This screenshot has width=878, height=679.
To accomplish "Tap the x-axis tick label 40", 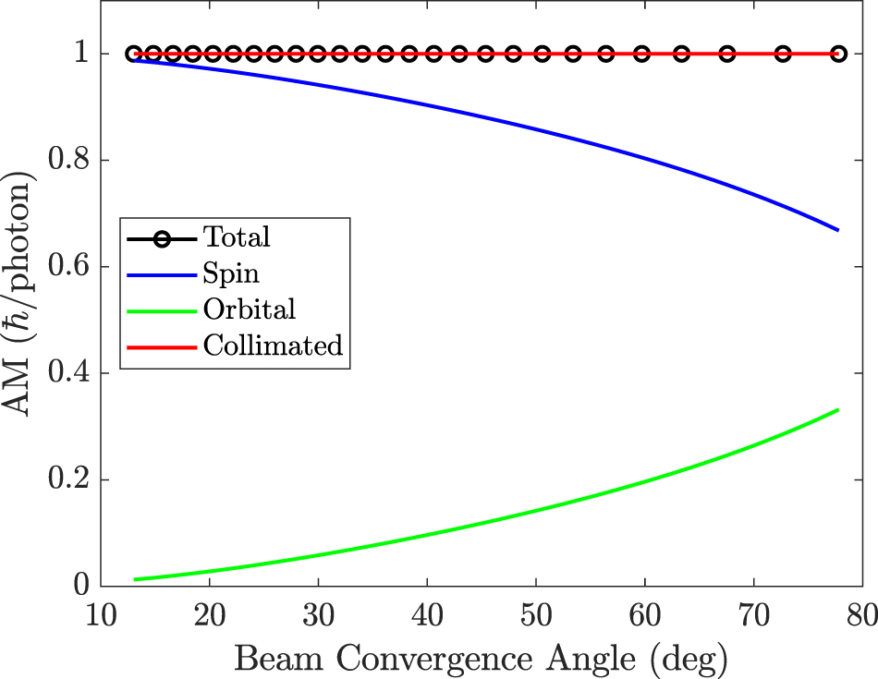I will point(427,613).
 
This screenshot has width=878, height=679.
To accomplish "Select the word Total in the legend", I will point(237,237).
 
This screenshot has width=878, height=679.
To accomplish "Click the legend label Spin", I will point(231,273).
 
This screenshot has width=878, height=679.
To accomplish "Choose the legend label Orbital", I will point(250,309).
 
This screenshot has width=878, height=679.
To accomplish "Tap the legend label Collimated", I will point(273,346).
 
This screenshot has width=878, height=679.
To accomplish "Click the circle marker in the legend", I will point(162,238).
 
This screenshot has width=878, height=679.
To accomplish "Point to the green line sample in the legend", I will point(162,310).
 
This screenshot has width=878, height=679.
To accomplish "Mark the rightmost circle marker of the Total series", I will point(838,55).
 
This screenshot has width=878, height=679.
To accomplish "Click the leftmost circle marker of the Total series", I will point(134,55).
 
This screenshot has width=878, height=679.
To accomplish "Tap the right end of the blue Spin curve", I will point(838,229).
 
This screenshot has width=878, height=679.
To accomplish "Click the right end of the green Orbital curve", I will point(838,409).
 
